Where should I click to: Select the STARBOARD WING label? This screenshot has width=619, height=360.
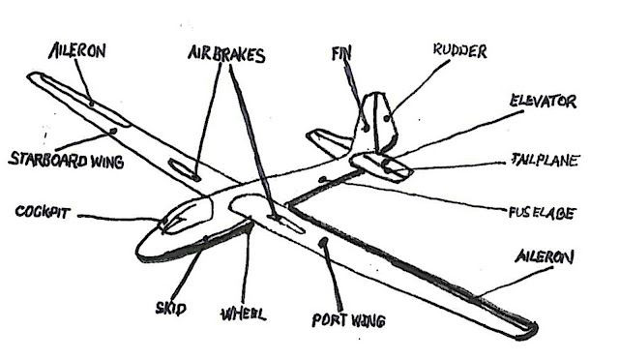click(x=66, y=160)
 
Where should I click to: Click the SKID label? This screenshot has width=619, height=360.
click(x=171, y=309)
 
